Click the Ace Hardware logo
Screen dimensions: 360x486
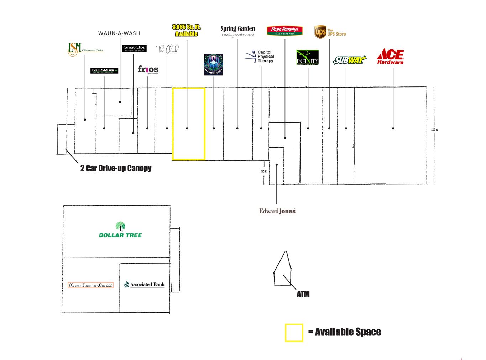click(x=390, y=56)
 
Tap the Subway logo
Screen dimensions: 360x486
click(x=349, y=60)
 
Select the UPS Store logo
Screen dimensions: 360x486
click(x=330, y=32)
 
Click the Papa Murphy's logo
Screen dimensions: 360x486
click(x=284, y=31)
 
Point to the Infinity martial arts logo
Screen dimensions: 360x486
click(x=307, y=58)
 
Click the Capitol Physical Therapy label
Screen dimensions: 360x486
click(x=261, y=57)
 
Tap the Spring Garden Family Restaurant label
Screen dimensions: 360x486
click(x=238, y=31)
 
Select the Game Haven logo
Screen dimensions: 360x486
click(x=213, y=65)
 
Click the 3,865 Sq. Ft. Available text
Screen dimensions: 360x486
click(x=186, y=30)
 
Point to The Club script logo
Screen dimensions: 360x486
click(x=167, y=49)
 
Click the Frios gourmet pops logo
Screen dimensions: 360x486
click(x=148, y=69)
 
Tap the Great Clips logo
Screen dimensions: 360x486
click(x=134, y=48)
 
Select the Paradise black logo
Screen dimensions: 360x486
click(x=104, y=70)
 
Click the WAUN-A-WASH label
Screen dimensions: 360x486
click(x=119, y=33)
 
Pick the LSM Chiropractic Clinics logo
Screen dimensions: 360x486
click(x=85, y=49)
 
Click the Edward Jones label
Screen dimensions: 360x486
click(x=277, y=211)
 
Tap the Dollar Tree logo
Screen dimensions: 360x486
click(x=120, y=230)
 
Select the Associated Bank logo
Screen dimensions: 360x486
click(x=144, y=285)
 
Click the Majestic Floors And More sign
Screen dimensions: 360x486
click(x=90, y=285)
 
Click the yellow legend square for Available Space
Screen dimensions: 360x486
click(x=294, y=333)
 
